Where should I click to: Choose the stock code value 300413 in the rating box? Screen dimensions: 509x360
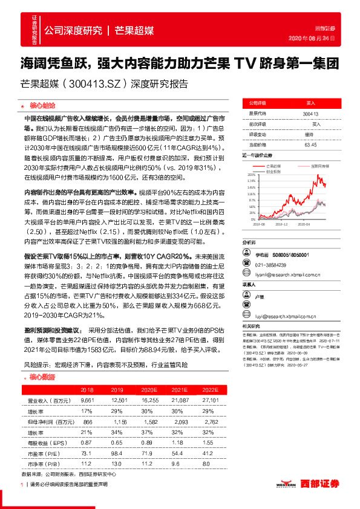point(310,113)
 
